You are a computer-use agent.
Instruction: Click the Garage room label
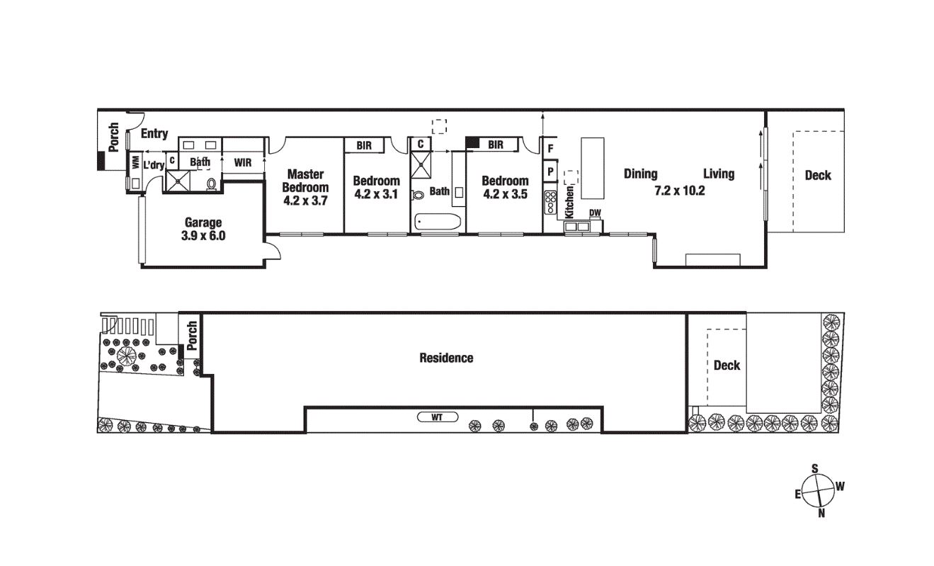[203, 222]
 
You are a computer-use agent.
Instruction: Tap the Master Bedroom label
[306, 181]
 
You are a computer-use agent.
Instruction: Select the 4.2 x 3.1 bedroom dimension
[376, 194]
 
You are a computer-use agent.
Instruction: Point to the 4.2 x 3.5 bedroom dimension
[506, 194]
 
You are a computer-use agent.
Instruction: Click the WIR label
[243, 162]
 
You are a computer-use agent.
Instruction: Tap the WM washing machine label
[135, 162]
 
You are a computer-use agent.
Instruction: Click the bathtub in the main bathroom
[438, 222]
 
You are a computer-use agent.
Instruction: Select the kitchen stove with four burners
[550, 203]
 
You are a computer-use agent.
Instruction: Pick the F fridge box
[550, 149]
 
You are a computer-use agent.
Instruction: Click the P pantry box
[550, 171]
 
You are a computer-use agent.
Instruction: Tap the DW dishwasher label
[595, 213]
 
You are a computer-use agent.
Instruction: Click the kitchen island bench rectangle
[593, 168]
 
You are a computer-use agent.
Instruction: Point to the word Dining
[640, 174]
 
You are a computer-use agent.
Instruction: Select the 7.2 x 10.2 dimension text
[680, 191]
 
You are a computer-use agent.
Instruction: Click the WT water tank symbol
[438, 417]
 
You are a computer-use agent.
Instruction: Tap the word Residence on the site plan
[446, 358]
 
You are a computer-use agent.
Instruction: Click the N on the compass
[821, 514]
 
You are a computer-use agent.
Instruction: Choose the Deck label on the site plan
[727, 366]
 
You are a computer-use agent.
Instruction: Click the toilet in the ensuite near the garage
[212, 184]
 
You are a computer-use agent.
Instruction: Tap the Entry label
[154, 134]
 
